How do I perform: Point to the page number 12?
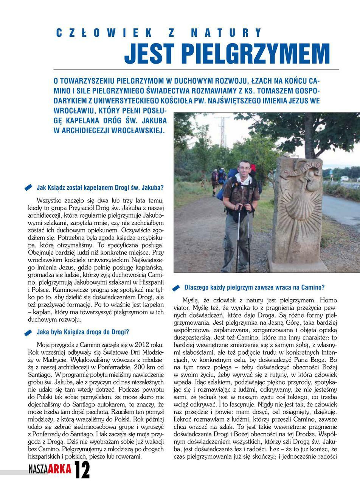[82, 470]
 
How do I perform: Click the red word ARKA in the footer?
[59, 470]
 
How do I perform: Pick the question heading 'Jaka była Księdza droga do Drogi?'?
[83, 332]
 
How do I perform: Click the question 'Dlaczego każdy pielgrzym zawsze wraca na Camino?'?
[254, 287]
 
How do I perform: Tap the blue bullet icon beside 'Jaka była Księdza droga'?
[28, 333]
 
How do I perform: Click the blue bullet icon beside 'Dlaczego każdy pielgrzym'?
[176, 288]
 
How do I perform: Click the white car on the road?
[345, 179]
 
